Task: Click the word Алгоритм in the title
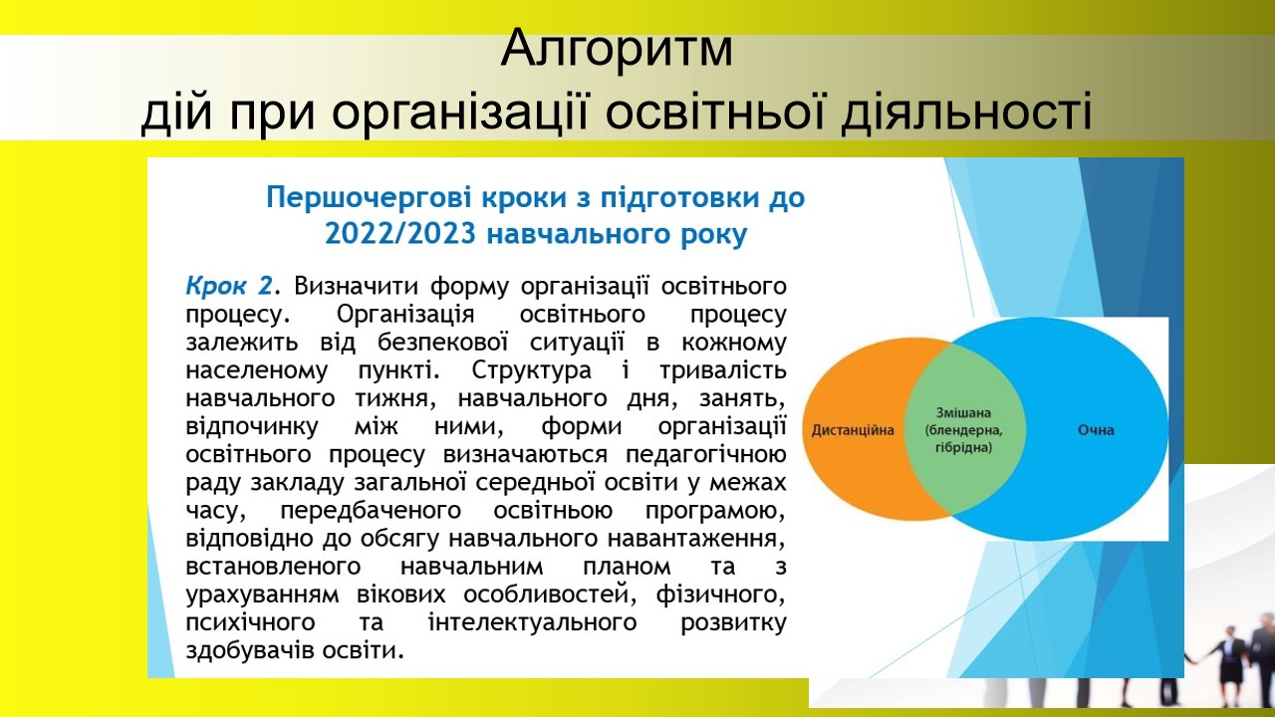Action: pos(617,48)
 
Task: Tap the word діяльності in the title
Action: pos(966,111)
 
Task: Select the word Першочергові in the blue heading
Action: pos(370,198)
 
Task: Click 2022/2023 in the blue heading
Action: pos(399,233)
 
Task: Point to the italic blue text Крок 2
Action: pos(229,286)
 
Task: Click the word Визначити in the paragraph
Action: pos(357,286)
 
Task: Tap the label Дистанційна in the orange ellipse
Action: pos(853,430)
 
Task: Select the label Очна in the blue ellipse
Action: pos(1096,430)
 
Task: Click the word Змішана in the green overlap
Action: pos(963,412)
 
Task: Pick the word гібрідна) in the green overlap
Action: pos(963,447)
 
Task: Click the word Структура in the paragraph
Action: pos(532,371)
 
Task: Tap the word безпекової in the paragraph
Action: pos(442,343)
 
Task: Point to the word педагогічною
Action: pos(706,455)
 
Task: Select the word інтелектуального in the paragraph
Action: pos(532,622)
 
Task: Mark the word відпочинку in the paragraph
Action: pos(252,427)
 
